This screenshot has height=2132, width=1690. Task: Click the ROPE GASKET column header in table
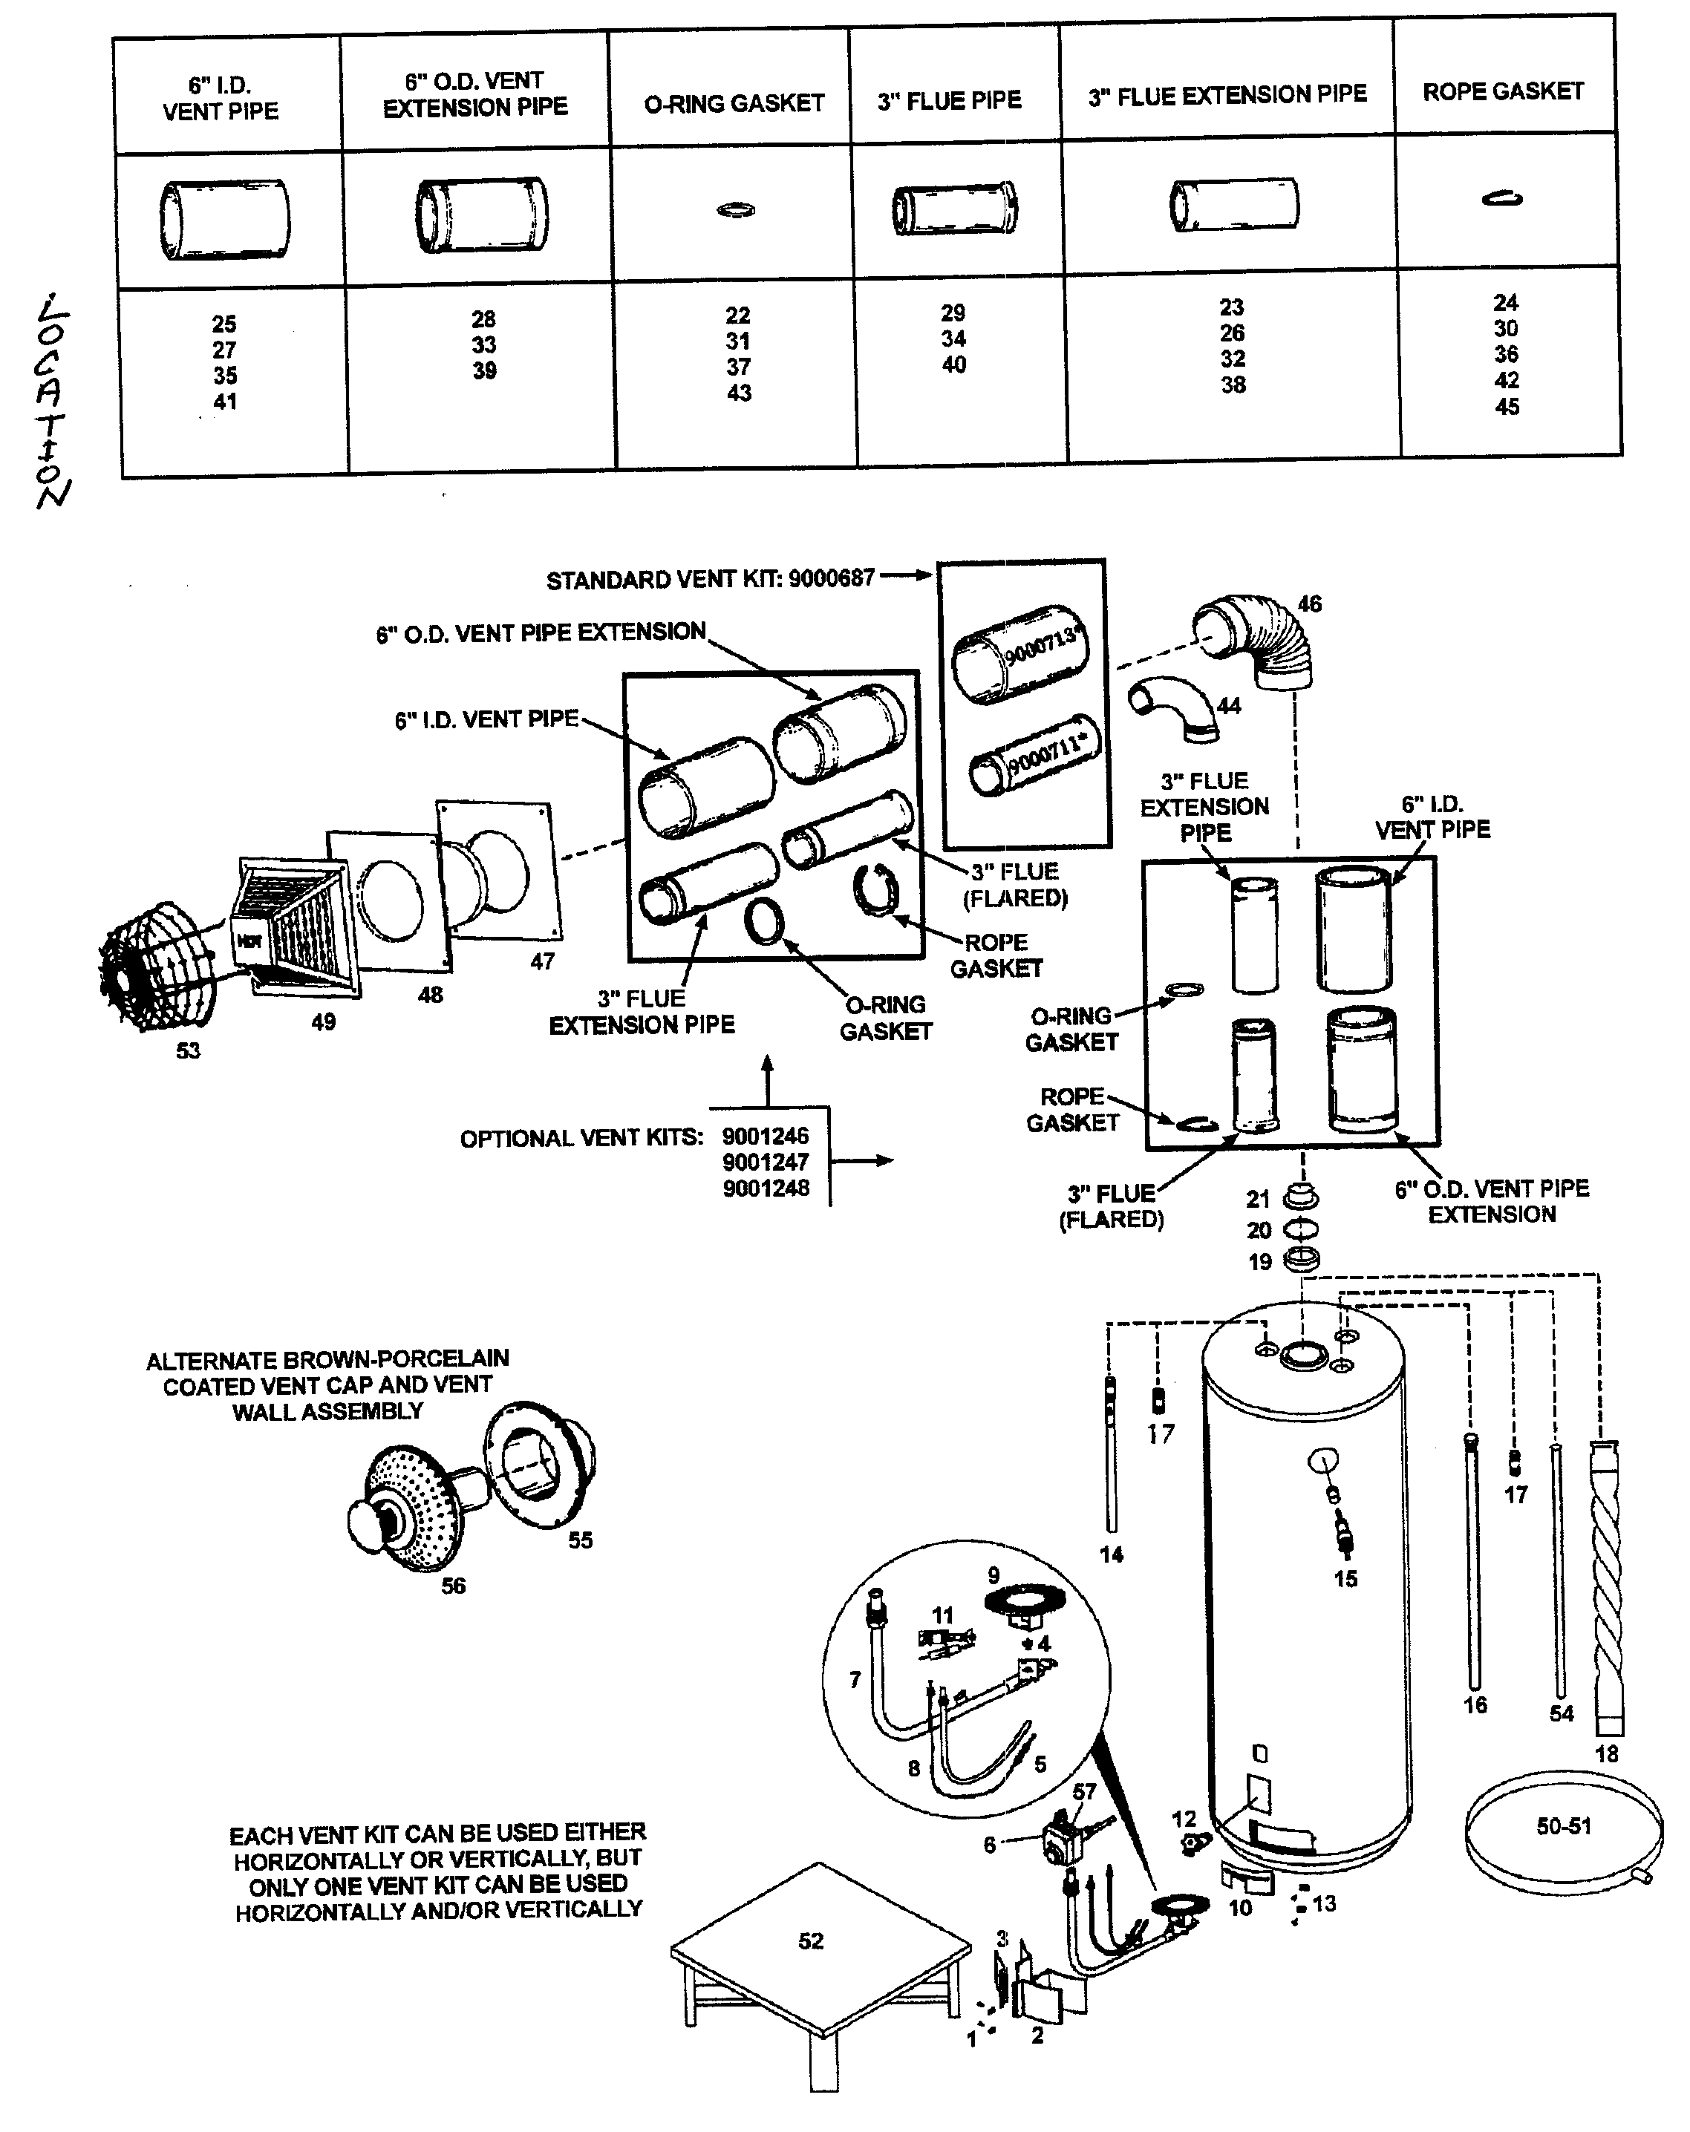click(x=1502, y=92)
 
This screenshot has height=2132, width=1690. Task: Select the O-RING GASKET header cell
click(x=733, y=104)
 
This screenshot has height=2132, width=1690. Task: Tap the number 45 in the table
click(x=1506, y=406)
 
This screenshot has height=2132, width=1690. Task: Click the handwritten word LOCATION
click(x=50, y=399)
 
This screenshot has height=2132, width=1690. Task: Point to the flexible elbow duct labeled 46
click(x=1256, y=641)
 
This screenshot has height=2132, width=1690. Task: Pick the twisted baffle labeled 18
click(x=1607, y=1592)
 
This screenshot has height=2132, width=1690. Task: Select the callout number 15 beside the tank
click(x=1345, y=1579)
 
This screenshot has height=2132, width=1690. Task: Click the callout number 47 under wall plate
click(x=542, y=961)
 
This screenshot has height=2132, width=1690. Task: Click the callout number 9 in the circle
click(x=993, y=1575)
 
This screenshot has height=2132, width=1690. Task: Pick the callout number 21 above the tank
click(x=1257, y=1199)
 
